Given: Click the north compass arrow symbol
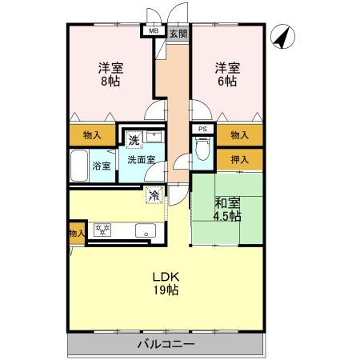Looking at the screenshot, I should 282,37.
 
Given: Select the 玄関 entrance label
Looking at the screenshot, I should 178,33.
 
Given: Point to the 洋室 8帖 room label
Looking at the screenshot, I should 110,74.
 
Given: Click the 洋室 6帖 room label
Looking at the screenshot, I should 225,74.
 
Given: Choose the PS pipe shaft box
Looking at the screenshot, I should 202,129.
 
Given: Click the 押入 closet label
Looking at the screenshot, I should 238,159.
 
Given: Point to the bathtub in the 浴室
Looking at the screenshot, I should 79,166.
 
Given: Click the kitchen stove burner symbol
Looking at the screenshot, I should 102,230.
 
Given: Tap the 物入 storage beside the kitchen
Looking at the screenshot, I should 76,234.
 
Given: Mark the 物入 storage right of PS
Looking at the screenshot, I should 238,135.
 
